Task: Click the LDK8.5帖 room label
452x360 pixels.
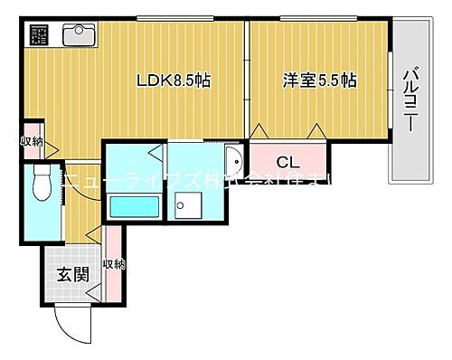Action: [174, 81]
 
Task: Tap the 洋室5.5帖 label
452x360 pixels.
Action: [318, 81]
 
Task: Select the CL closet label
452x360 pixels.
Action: [287, 163]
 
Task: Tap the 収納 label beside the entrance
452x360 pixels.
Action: [113, 265]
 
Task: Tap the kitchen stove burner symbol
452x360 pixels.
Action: [41, 35]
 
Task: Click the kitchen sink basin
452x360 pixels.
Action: [79, 35]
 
